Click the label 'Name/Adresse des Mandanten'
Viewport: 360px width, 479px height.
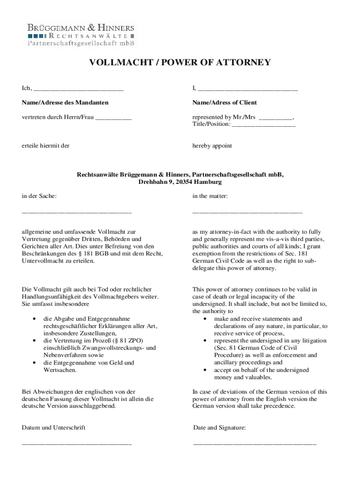pyautogui.click(x=65, y=102)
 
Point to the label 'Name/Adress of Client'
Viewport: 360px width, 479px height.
pyautogui.click(x=224, y=102)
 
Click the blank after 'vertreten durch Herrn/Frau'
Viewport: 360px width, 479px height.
pyautogui.click(x=113, y=118)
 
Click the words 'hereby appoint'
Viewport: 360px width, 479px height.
pyautogui.click(x=212, y=145)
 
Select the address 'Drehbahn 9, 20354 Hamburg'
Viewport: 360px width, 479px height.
pyautogui.click(x=180, y=181)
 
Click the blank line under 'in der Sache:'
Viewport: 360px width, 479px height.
pyautogui.click(x=77, y=213)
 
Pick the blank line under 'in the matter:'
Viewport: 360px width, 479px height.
pyautogui.click(x=247, y=213)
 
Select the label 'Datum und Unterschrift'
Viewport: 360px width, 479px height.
pyautogui.click(x=53, y=428)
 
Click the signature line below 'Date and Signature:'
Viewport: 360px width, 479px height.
pyautogui.click(x=255, y=443)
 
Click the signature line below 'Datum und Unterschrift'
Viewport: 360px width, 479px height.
pyautogui.click(x=77, y=443)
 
